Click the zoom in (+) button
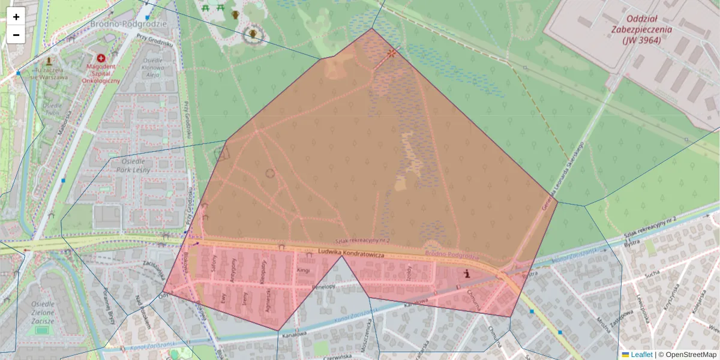pyautogui.click(x=16, y=17)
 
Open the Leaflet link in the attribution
pyautogui.click(x=641, y=355)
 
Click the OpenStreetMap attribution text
pyautogui.click(x=690, y=355)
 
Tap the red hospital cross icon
pyautogui.click(x=101, y=58)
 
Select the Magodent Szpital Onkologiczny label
pyautogui.click(x=101, y=73)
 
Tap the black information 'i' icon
pyautogui.click(x=467, y=274)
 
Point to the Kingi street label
pyautogui.click(x=303, y=271)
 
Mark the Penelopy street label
pyautogui.click(x=323, y=287)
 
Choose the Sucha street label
pyautogui.click(x=652, y=277)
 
